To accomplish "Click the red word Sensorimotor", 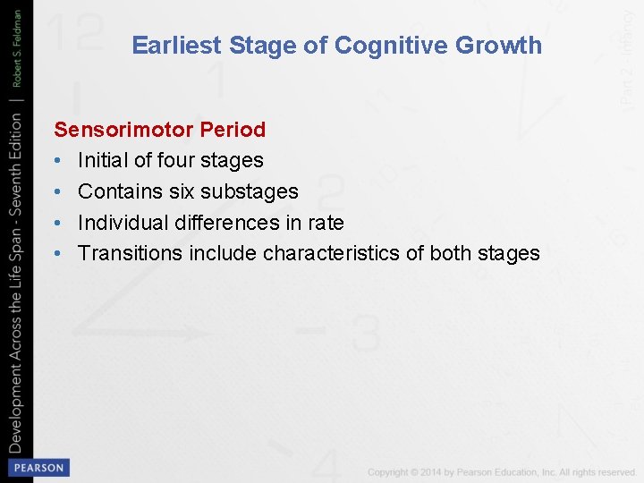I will coord(123,130).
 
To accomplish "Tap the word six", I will coord(183,191).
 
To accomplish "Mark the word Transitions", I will coord(131,253).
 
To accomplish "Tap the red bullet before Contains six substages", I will coord(58,191).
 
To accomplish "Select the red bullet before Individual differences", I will coord(58,223).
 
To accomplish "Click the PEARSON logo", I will coord(37,467).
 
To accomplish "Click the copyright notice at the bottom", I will coord(502,471).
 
